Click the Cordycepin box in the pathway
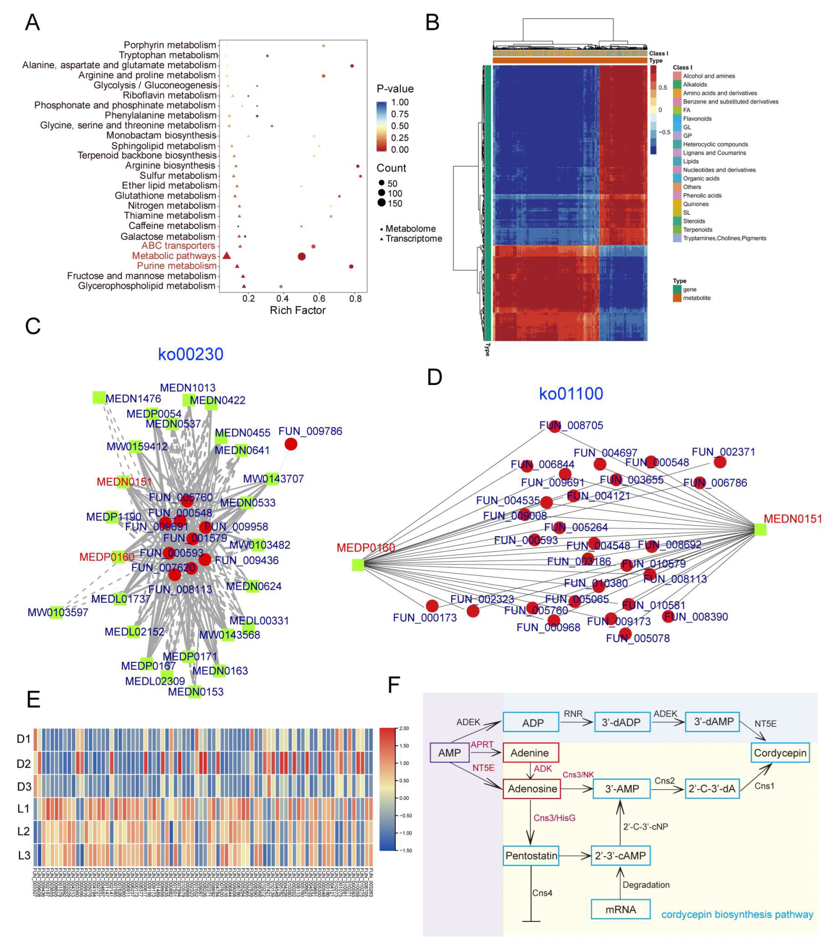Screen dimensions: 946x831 (x=780, y=753)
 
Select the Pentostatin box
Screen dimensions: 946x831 (x=531, y=856)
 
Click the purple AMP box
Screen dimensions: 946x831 (x=449, y=753)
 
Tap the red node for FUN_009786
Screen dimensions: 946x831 (x=291, y=444)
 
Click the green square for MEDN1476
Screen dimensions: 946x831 (x=99, y=397)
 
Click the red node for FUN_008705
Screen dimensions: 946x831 (x=554, y=426)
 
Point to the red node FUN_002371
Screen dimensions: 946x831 (x=720, y=462)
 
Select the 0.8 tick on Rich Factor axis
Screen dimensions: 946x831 (x=355, y=299)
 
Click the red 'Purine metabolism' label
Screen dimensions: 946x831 (x=177, y=266)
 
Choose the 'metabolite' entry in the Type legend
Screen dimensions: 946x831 (x=696, y=298)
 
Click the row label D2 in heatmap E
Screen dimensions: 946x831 (x=23, y=764)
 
